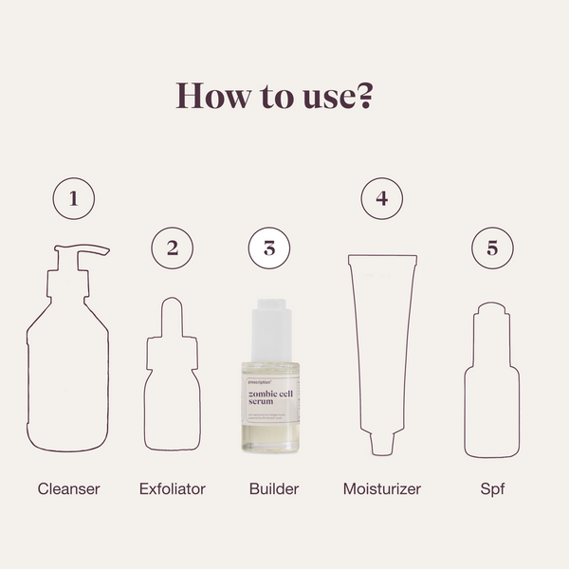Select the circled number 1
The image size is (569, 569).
coord(74,200)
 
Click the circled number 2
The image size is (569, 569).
coord(172,248)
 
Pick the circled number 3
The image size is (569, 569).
coord(268,248)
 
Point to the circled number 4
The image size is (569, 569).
coord(382,199)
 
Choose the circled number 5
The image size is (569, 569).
coord(492,248)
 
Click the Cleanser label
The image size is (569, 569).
coord(68,489)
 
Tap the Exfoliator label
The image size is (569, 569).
coord(172,489)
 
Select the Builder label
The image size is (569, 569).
coord(273,489)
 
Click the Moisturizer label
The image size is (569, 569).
coord(381,489)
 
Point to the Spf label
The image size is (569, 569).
coord(492,489)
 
